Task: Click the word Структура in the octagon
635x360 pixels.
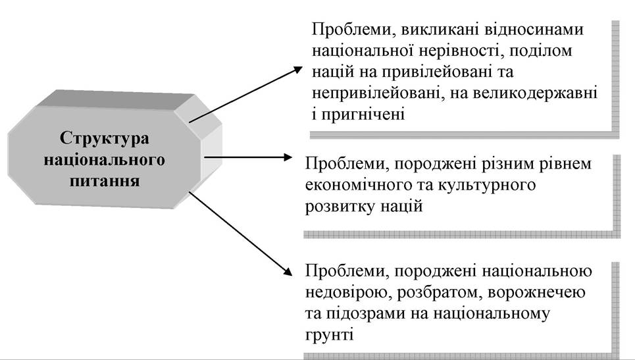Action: point(104,138)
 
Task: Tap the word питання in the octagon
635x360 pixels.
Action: point(105,180)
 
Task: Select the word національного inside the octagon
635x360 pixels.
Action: point(104,159)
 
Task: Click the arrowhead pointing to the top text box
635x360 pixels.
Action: point(298,70)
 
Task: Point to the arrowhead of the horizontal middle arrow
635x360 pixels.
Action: point(287,157)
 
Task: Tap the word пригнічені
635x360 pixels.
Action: point(363,115)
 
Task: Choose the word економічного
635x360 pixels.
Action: point(355,185)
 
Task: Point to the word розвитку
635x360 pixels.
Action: point(340,207)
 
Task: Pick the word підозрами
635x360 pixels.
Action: point(367,314)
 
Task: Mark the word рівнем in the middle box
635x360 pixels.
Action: point(565,164)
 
